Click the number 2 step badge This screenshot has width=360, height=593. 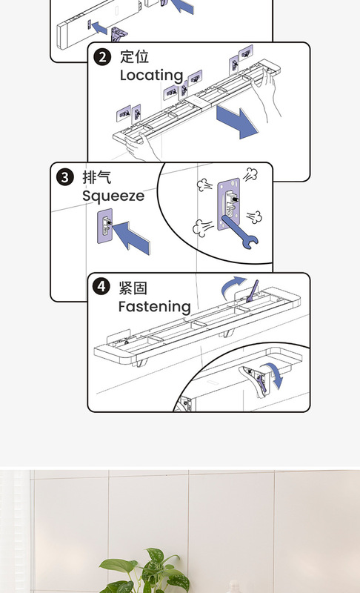[102, 57]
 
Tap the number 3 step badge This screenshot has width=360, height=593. [65, 177]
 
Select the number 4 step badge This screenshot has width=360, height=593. [101, 286]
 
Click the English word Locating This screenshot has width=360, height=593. [151, 76]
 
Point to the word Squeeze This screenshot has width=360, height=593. [113, 196]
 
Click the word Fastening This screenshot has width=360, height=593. [155, 307]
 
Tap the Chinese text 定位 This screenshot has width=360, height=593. [135, 57]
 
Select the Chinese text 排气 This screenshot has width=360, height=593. [97, 177]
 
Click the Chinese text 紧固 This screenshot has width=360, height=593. [133, 288]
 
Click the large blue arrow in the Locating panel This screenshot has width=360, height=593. [237, 122]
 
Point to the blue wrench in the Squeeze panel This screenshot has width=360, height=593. [240, 231]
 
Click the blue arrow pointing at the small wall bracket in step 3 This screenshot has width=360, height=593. [131, 237]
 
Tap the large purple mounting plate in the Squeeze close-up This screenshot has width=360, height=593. [229, 204]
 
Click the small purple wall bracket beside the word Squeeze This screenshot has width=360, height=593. [105, 226]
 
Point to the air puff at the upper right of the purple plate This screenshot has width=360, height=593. [250, 175]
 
